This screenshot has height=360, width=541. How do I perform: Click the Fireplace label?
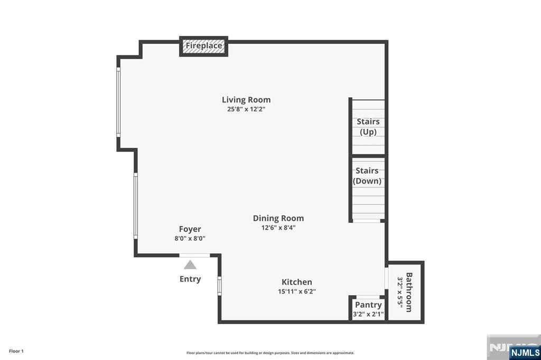pyautogui.click(x=203, y=45)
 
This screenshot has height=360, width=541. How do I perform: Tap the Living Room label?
pyautogui.click(x=246, y=100)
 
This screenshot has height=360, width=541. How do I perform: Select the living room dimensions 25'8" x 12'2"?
pyautogui.click(x=246, y=109)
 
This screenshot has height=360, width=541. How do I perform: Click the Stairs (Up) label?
pyautogui.click(x=368, y=127)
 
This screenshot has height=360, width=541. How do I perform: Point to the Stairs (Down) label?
pyautogui.click(x=367, y=176)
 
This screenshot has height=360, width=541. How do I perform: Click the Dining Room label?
pyautogui.click(x=278, y=219)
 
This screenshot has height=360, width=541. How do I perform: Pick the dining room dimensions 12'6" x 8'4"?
pyautogui.click(x=278, y=228)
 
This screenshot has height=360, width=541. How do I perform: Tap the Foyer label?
pyautogui.click(x=190, y=229)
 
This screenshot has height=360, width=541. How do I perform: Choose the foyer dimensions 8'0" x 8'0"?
pyautogui.click(x=190, y=238)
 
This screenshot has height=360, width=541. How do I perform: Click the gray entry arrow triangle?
pyautogui.click(x=190, y=265)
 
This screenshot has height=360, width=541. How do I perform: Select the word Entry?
pyautogui.click(x=190, y=279)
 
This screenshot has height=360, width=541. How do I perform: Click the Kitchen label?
pyautogui.click(x=297, y=282)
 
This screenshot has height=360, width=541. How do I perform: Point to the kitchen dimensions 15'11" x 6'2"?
pyautogui.click(x=297, y=291)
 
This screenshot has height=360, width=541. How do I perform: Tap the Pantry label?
pyautogui.click(x=368, y=305)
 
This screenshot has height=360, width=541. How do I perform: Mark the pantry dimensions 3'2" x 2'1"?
pyautogui.click(x=368, y=314)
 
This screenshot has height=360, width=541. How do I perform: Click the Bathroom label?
pyautogui.click(x=409, y=292)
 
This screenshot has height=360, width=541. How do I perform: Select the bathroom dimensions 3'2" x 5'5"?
pyautogui.click(x=400, y=292)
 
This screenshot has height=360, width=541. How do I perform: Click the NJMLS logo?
pyautogui.click(x=525, y=353)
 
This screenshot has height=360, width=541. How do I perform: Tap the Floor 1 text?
pyautogui.click(x=16, y=352)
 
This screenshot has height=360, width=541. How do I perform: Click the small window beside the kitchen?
pyautogui.click(x=219, y=286)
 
